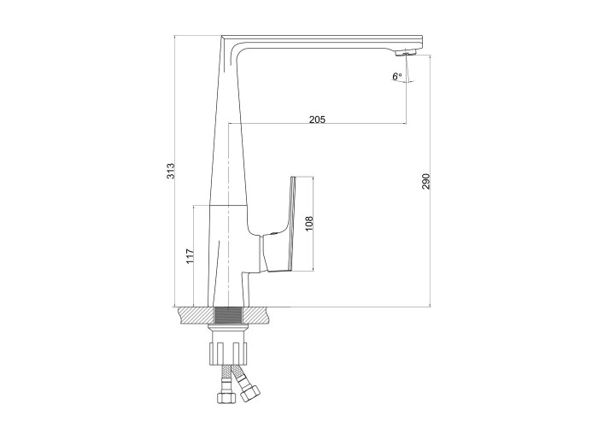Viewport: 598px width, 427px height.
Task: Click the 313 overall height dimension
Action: [x=171, y=171]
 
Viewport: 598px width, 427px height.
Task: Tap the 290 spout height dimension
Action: [x=426, y=181]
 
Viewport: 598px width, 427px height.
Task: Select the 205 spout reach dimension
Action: [x=317, y=120]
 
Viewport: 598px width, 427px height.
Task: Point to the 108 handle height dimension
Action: [x=309, y=224]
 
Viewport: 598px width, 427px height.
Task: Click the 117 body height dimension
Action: [x=190, y=256]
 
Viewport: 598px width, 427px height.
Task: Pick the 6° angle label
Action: [x=397, y=76]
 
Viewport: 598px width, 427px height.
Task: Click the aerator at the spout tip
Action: [x=405, y=53]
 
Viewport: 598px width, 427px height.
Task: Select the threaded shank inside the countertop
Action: [x=228, y=315]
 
